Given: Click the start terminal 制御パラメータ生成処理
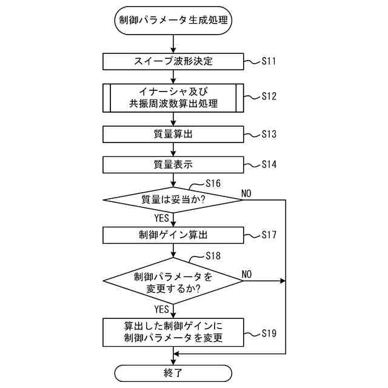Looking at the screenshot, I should click(173, 20).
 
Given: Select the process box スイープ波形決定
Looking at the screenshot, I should click(173, 61).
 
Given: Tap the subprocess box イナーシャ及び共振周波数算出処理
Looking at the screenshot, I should click(173, 97).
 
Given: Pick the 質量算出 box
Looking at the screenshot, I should click(173, 134).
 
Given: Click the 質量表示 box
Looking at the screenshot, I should click(173, 164).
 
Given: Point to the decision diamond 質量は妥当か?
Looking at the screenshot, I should click(173, 199).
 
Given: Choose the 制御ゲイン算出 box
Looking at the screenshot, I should click(173, 235).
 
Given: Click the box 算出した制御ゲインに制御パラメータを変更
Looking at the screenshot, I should click(173, 332).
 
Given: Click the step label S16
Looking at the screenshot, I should click(213, 183).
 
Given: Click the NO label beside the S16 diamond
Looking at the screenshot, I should click(246, 193).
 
